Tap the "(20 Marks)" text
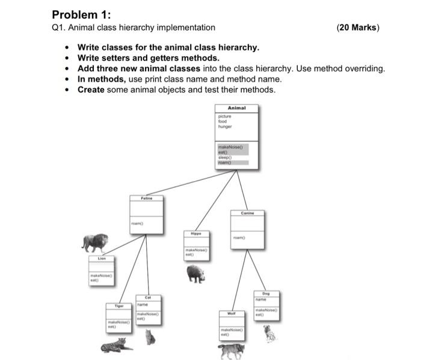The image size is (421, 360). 358,28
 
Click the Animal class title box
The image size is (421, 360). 236,108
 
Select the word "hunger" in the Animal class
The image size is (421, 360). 224,127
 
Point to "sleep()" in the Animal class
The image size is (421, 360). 226,158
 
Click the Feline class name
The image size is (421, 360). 147,197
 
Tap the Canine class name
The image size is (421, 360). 247,212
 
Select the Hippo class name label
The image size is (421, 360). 196,233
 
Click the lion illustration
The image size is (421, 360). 96,243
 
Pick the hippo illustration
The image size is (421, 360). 196,274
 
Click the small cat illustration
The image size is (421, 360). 150,337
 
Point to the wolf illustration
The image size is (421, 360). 232,350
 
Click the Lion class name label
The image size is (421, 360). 102,259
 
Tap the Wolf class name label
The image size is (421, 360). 231,313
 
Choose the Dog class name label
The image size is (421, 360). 265,293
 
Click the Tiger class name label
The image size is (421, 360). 119,306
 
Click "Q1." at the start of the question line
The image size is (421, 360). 59,28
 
